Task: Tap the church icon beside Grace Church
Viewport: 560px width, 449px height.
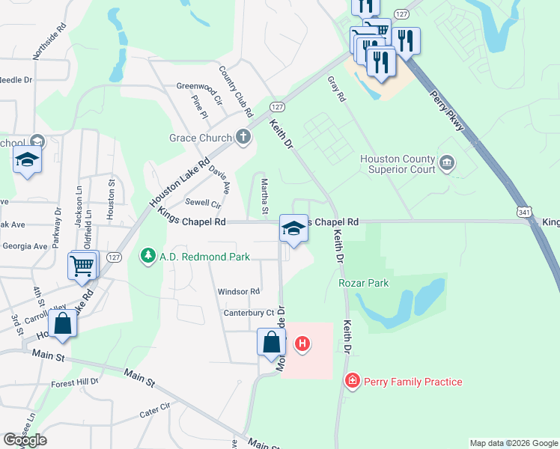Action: click(x=243, y=137)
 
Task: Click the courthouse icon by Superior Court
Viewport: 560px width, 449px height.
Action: click(x=447, y=162)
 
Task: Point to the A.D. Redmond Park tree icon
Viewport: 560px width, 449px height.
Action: click(x=148, y=256)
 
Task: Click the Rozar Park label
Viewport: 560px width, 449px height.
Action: click(x=364, y=283)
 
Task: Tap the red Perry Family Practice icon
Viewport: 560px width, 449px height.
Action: click(x=352, y=382)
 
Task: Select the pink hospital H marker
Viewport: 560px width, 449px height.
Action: click(x=302, y=344)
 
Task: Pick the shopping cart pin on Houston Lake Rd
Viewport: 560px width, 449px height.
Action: click(x=82, y=265)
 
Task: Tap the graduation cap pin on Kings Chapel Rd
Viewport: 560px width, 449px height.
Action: click(x=294, y=228)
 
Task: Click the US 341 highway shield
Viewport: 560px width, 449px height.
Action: click(x=522, y=214)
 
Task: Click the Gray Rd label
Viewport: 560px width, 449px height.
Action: click(x=337, y=88)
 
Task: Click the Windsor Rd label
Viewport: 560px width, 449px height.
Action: click(x=238, y=291)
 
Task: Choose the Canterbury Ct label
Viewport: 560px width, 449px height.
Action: click(x=249, y=313)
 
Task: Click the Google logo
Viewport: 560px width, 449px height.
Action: click(x=25, y=440)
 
